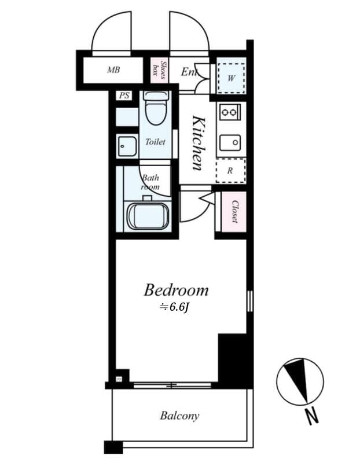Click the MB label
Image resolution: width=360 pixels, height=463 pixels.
point(113,71)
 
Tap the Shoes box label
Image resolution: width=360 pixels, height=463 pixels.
point(159,69)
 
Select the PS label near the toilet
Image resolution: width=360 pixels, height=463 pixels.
point(124,96)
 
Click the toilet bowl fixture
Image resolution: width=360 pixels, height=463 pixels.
point(156,109)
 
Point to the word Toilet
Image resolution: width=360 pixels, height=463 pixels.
point(155,142)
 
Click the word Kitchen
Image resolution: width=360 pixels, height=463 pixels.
point(198,143)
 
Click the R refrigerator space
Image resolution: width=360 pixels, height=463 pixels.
point(230,171)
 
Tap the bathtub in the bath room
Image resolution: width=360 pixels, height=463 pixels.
point(148,215)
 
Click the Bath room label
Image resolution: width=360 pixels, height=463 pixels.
point(150,182)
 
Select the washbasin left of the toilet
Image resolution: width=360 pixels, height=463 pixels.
point(126,146)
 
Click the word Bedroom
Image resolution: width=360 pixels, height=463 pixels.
point(176,289)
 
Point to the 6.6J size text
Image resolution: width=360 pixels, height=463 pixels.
point(175,307)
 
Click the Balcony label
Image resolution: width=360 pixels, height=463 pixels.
point(179,416)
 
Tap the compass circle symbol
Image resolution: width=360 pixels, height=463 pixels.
point(299,382)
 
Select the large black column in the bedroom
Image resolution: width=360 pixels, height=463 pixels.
point(235,359)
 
